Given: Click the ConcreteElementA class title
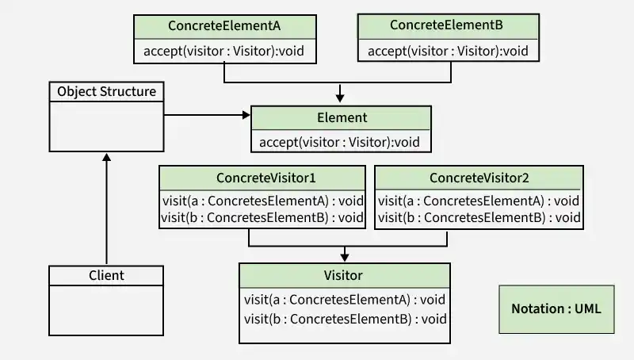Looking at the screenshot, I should coord(224,25).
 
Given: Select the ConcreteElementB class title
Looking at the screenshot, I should coord(446,25).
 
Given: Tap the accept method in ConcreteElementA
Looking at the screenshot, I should coord(223,52).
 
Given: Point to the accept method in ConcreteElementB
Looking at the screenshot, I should coord(447,52).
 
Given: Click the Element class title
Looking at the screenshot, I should coord(342,117).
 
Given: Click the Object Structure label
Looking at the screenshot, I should coord(106,91).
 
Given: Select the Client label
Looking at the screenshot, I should coord(106,275).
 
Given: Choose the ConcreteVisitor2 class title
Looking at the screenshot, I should coord(479,176).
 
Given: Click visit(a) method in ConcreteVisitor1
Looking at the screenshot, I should coord(262,201).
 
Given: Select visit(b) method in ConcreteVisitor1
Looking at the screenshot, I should coord(262,216).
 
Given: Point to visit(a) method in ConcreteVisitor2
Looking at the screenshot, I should coord(479,201).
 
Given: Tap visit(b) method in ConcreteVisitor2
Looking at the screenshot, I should coord(479,216).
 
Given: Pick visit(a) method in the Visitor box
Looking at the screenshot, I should coord(346,300).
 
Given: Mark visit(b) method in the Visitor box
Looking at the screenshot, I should coord(346,319).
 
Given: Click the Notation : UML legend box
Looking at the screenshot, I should coord(556,308).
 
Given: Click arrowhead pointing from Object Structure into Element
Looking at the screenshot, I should coord(246,116).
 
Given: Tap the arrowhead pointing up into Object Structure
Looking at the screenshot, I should coord(106,157).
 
